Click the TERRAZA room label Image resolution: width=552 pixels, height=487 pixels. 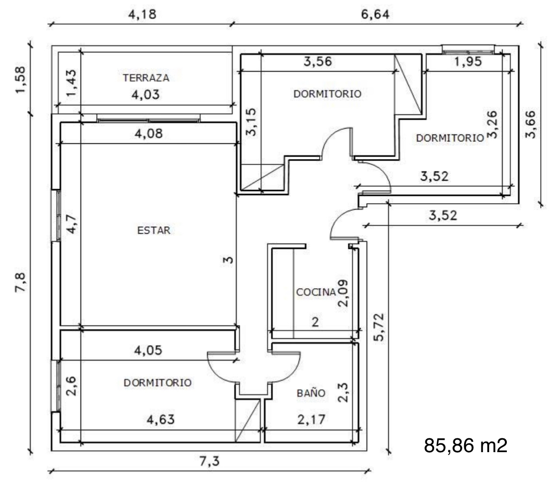146,78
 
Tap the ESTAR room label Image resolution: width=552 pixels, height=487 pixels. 154,230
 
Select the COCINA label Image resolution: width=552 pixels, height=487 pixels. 316,292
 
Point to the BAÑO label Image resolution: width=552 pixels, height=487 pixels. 311,392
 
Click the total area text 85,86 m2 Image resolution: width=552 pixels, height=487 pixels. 466,445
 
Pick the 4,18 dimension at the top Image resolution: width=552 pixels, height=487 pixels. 142,14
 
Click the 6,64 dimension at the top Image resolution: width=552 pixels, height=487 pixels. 375,14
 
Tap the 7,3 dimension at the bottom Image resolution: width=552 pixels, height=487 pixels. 210,460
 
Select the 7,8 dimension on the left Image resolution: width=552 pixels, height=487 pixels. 21,282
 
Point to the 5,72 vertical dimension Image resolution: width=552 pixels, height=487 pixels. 379,327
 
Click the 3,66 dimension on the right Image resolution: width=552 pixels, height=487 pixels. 530,124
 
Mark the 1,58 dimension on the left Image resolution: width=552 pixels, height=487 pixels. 21,80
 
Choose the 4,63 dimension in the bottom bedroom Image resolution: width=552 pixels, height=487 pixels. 160,419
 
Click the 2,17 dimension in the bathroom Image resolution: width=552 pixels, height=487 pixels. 311,419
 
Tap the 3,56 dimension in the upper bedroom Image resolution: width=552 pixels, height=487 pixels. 317,62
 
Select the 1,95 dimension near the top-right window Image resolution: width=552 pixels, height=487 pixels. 468,62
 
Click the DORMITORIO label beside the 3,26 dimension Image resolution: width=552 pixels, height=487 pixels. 450,137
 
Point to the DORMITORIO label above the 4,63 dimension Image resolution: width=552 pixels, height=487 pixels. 158,382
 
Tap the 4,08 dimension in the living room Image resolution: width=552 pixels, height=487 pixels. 149,134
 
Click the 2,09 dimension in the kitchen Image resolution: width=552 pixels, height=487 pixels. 342,293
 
